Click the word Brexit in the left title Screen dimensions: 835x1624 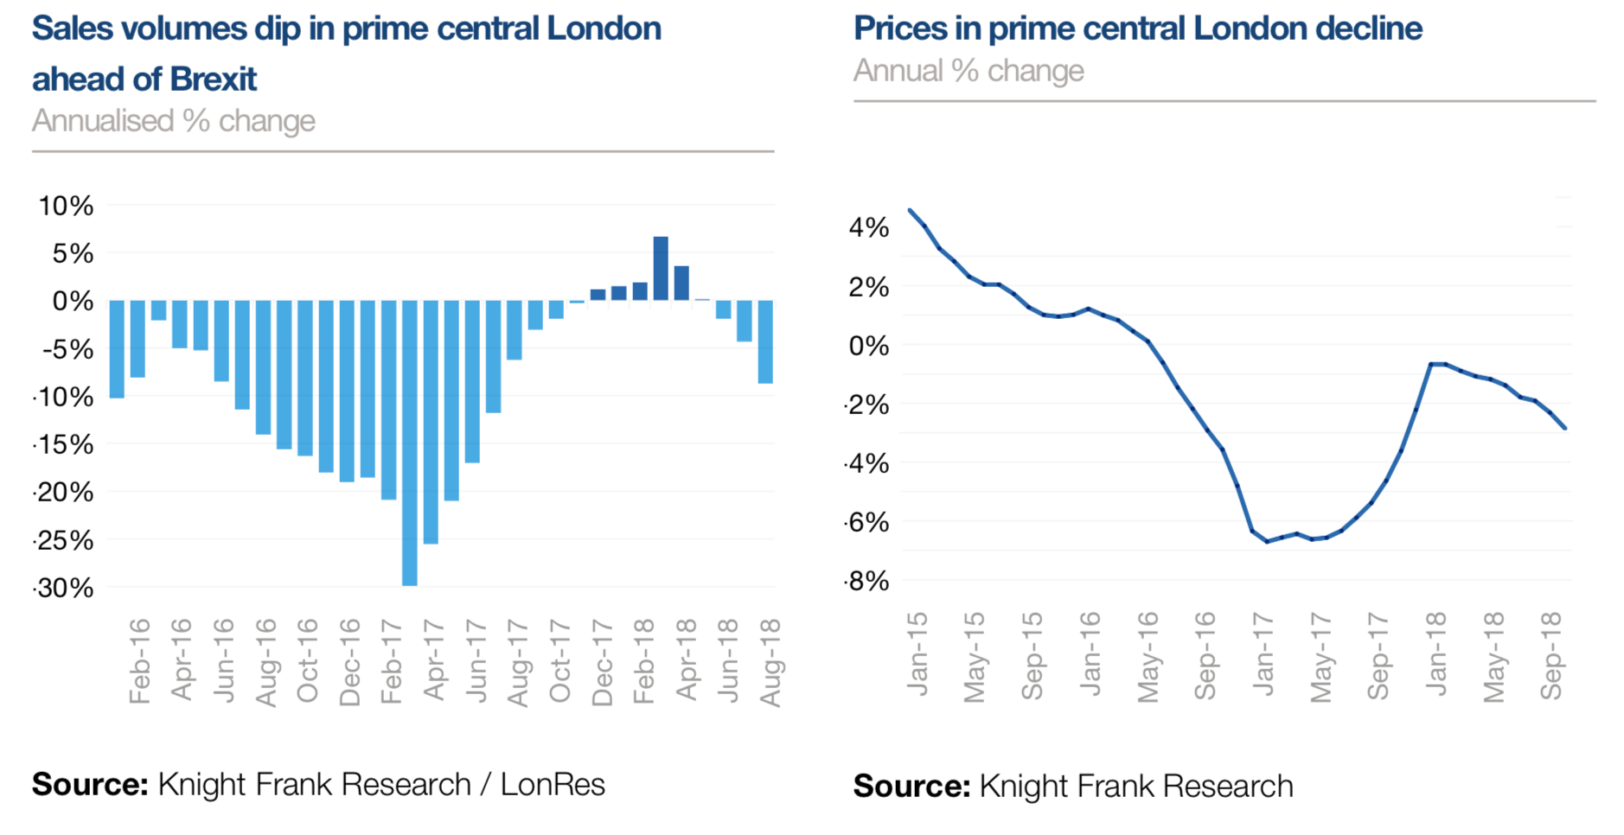coord(213,80)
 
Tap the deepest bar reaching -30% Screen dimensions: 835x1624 coord(410,443)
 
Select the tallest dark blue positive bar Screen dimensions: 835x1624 coord(661,268)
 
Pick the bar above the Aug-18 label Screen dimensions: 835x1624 coord(765,341)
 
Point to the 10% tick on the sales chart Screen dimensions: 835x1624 coord(66,206)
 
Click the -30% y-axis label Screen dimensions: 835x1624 coord(63,588)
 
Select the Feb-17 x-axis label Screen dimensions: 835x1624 coord(392,661)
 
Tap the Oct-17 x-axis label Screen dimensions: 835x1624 coord(560,661)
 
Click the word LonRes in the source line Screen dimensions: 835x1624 coord(553,785)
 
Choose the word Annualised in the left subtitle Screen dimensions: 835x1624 coord(103,121)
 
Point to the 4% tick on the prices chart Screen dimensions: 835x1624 coord(868,227)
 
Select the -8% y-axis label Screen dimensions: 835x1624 coord(866,581)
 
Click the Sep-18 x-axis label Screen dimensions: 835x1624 coord(1551,656)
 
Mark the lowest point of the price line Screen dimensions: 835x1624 coord(1267,541)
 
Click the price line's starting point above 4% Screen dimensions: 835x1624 coord(910,210)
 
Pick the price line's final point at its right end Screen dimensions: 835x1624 coord(1564,427)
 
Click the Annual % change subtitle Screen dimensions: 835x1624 coord(969,71)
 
